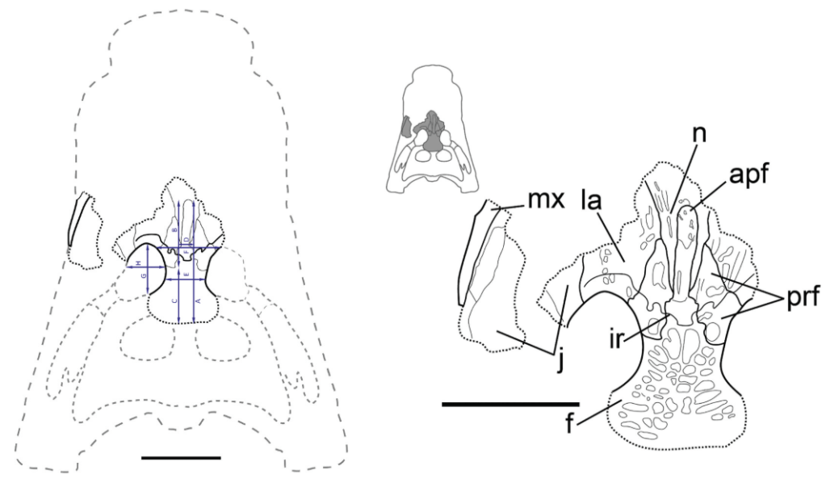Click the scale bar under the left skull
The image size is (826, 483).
180,457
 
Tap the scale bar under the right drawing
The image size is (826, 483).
510,402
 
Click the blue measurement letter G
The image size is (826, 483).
144,276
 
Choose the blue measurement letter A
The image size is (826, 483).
198,300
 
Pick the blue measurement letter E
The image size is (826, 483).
187,275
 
